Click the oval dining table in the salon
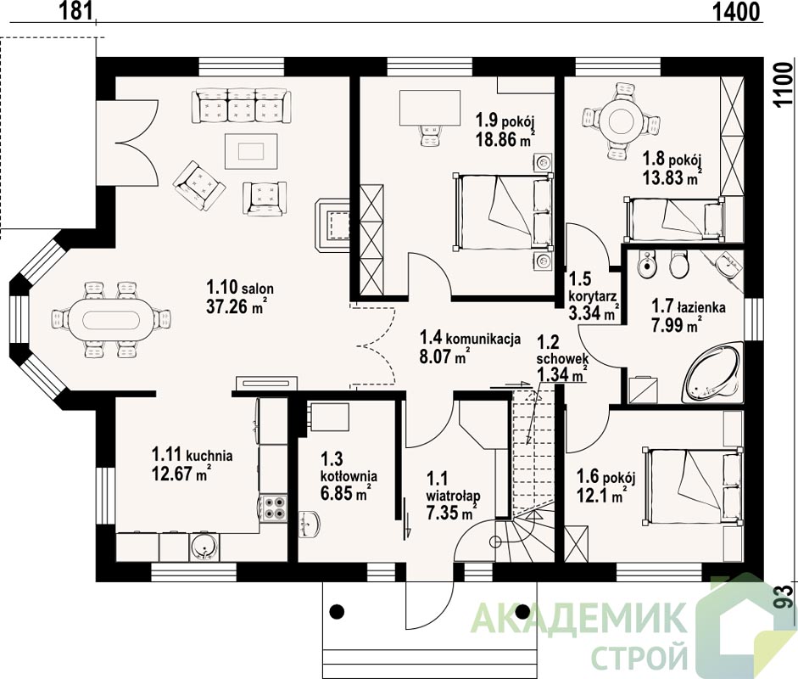coord(111,320)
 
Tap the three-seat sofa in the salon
coord(241,106)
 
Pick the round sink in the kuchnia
coord(204,547)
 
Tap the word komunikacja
coord(483,339)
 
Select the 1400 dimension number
coord(734,12)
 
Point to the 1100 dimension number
coord(785,85)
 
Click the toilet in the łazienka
coord(678,264)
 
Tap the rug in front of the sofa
coord(251,151)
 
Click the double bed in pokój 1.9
coord(504,211)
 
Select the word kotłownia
coord(349,476)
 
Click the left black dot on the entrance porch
coord(337,611)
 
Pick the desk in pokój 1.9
coord(430,107)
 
